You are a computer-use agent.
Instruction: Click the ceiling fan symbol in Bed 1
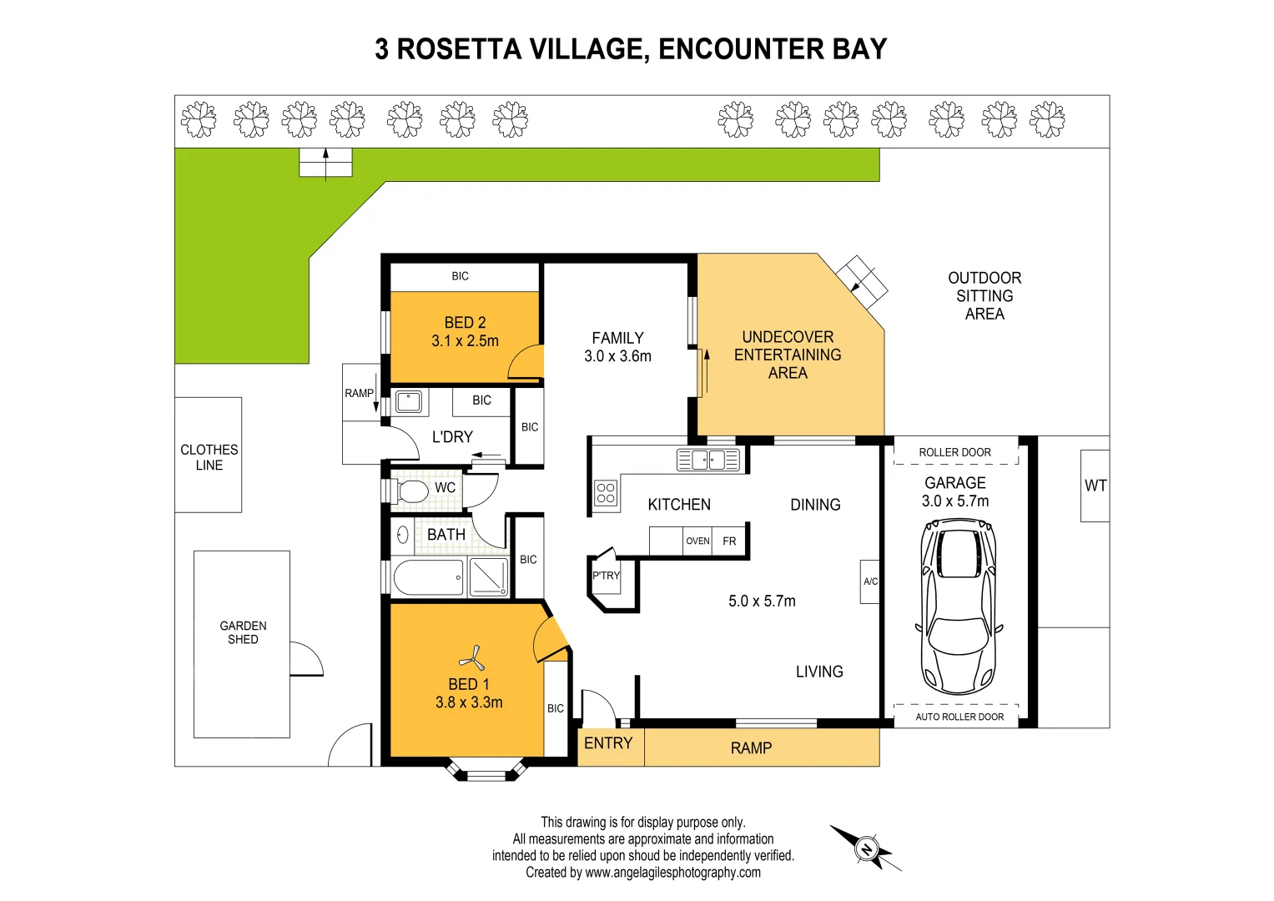tap(472, 658)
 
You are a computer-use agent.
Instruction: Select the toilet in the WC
tap(410, 490)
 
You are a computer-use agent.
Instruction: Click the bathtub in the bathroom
tap(428, 577)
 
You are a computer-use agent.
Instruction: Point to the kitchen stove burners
tap(606, 493)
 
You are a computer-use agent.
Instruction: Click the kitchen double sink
tap(708, 460)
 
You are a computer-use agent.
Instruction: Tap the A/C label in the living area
tap(870, 581)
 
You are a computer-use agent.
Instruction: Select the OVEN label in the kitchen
tap(697, 541)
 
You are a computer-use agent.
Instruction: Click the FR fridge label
tap(729, 541)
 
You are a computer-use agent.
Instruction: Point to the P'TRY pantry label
tap(607, 576)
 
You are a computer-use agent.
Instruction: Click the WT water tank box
tap(1095, 486)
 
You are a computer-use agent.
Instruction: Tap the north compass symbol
tap(866, 849)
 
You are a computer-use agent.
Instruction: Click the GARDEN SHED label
tap(243, 632)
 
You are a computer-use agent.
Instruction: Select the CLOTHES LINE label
tap(209, 457)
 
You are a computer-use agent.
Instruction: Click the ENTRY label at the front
tap(608, 743)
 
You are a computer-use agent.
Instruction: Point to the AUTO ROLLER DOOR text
tap(959, 717)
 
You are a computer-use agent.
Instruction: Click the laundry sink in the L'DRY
tap(408, 401)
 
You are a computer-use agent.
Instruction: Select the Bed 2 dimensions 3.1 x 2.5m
tap(465, 340)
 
